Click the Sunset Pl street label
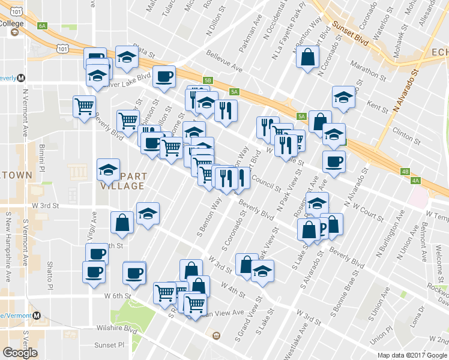(109, 346)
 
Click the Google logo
(20, 353)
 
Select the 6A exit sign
(42, 26)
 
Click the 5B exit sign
(208, 79)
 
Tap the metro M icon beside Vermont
(37, 315)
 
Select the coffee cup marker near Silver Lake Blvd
(164, 77)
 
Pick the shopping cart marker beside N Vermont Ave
(84, 106)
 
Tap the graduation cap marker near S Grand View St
(262, 272)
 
